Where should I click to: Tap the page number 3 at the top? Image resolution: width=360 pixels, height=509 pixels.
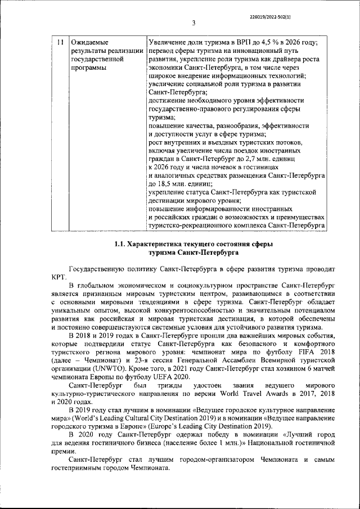(193, 24)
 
